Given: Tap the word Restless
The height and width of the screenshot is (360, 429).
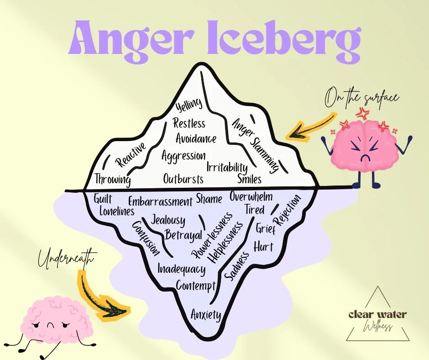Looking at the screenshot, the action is pos(189,123).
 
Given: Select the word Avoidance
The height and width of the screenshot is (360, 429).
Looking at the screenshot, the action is pos(196,138).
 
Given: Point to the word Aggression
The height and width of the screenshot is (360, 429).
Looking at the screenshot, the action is pos(183,155).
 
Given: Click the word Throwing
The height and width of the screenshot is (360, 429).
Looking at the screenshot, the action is pos(112,179).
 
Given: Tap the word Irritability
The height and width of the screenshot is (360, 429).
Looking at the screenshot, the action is pos(227,167).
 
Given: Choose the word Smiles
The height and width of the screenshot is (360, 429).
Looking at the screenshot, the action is pos(249,178).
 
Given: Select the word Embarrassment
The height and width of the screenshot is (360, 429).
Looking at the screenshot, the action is pos(160,202).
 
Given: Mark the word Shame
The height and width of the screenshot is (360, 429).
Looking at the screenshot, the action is pos(209,199).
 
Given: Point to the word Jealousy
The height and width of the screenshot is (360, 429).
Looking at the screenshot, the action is pos(168,220).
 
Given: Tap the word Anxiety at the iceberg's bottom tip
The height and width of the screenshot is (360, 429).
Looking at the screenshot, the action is pos(206,315).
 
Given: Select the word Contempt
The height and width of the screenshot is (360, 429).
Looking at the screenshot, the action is pos(196,286).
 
